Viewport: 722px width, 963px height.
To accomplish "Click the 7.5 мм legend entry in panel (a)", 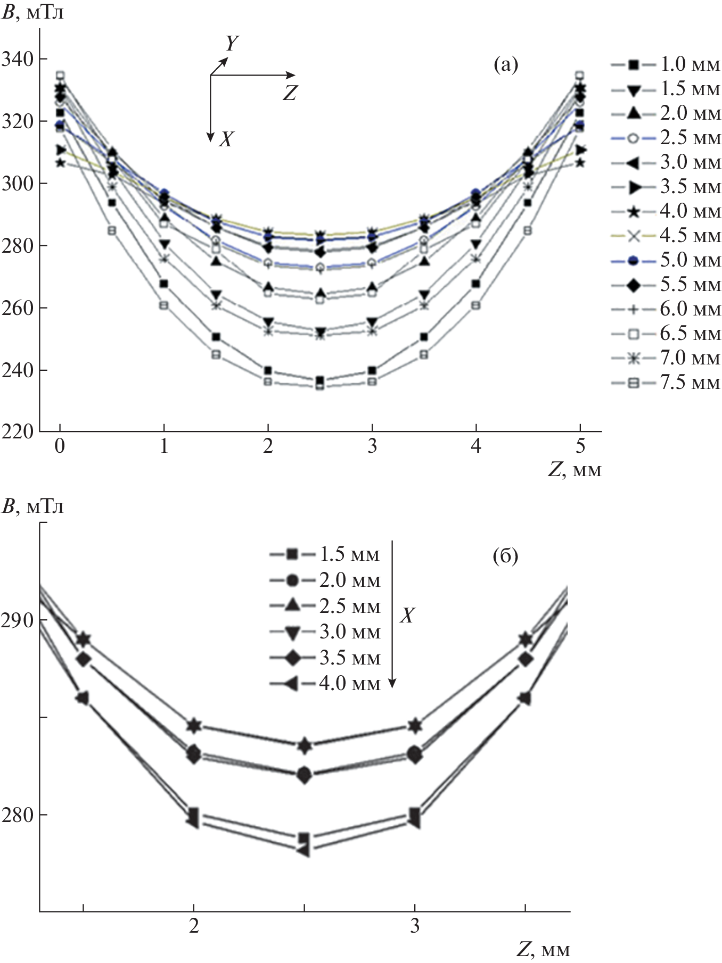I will [666, 383].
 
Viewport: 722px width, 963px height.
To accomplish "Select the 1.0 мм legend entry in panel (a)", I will [666, 64].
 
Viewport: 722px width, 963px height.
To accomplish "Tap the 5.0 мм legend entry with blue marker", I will [666, 260].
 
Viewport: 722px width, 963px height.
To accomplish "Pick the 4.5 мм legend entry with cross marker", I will [666, 236].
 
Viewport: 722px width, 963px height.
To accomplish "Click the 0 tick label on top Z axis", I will [60, 446].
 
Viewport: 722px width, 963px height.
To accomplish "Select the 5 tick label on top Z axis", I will [580, 446].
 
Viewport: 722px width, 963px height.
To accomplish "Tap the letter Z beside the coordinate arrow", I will [289, 94].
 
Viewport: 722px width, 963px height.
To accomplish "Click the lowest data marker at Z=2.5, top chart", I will [319, 386].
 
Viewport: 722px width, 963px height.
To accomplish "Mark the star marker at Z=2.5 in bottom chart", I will [304, 746].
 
